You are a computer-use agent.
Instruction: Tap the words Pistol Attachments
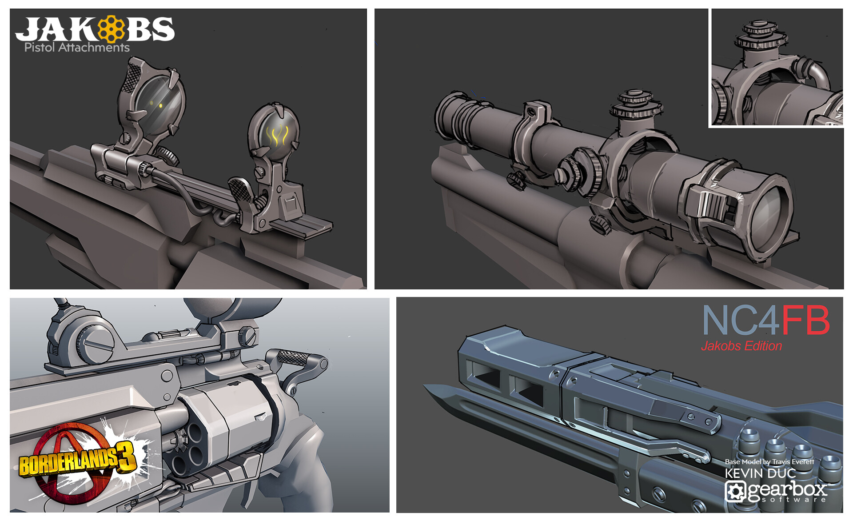click(77, 48)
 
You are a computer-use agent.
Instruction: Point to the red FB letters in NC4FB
click(805, 320)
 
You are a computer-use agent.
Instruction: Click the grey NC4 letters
click(741, 320)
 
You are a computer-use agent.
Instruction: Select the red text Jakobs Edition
click(741, 346)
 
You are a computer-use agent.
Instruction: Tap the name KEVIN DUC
click(760, 473)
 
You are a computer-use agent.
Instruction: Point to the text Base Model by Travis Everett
click(769, 462)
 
